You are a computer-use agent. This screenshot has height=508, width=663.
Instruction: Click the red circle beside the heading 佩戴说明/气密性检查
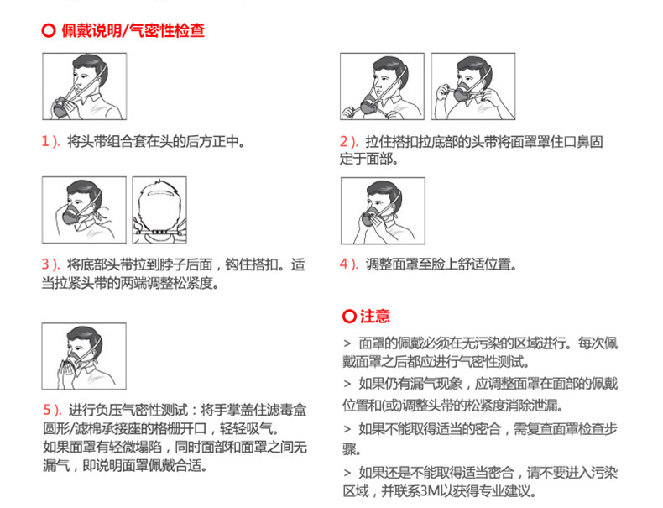pos(49,31)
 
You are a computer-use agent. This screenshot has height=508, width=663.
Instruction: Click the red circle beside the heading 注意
pos(349,316)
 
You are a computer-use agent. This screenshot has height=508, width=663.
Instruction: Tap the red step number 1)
pos(50,141)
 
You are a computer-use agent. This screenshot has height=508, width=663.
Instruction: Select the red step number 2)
pos(349,141)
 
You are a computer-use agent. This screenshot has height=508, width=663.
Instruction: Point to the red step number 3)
pos(50,264)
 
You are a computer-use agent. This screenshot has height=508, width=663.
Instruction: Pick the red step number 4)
pos(349,264)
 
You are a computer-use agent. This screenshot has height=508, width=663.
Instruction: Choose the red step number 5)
pos(52,410)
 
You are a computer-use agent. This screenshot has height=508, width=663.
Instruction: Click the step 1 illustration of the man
pos(85,86)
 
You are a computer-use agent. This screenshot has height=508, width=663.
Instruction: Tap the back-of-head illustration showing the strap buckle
pos(159,210)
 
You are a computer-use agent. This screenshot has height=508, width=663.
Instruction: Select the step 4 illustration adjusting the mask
pos(383,211)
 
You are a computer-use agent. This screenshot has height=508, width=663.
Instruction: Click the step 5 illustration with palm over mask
pos(84,356)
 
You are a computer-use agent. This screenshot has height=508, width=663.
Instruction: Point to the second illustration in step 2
pos(473,86)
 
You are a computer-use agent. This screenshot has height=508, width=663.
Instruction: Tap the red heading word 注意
pos(375,316)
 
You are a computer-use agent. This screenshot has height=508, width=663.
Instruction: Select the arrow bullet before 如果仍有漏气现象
pos(347,385)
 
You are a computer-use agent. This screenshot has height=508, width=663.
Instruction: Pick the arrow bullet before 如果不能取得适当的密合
pos(347,430)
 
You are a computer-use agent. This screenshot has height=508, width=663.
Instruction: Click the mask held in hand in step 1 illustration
pos(62,107)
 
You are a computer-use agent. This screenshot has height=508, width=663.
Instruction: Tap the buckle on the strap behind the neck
pos(159,233)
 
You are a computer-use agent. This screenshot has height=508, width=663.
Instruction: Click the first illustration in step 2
pos(382,86)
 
